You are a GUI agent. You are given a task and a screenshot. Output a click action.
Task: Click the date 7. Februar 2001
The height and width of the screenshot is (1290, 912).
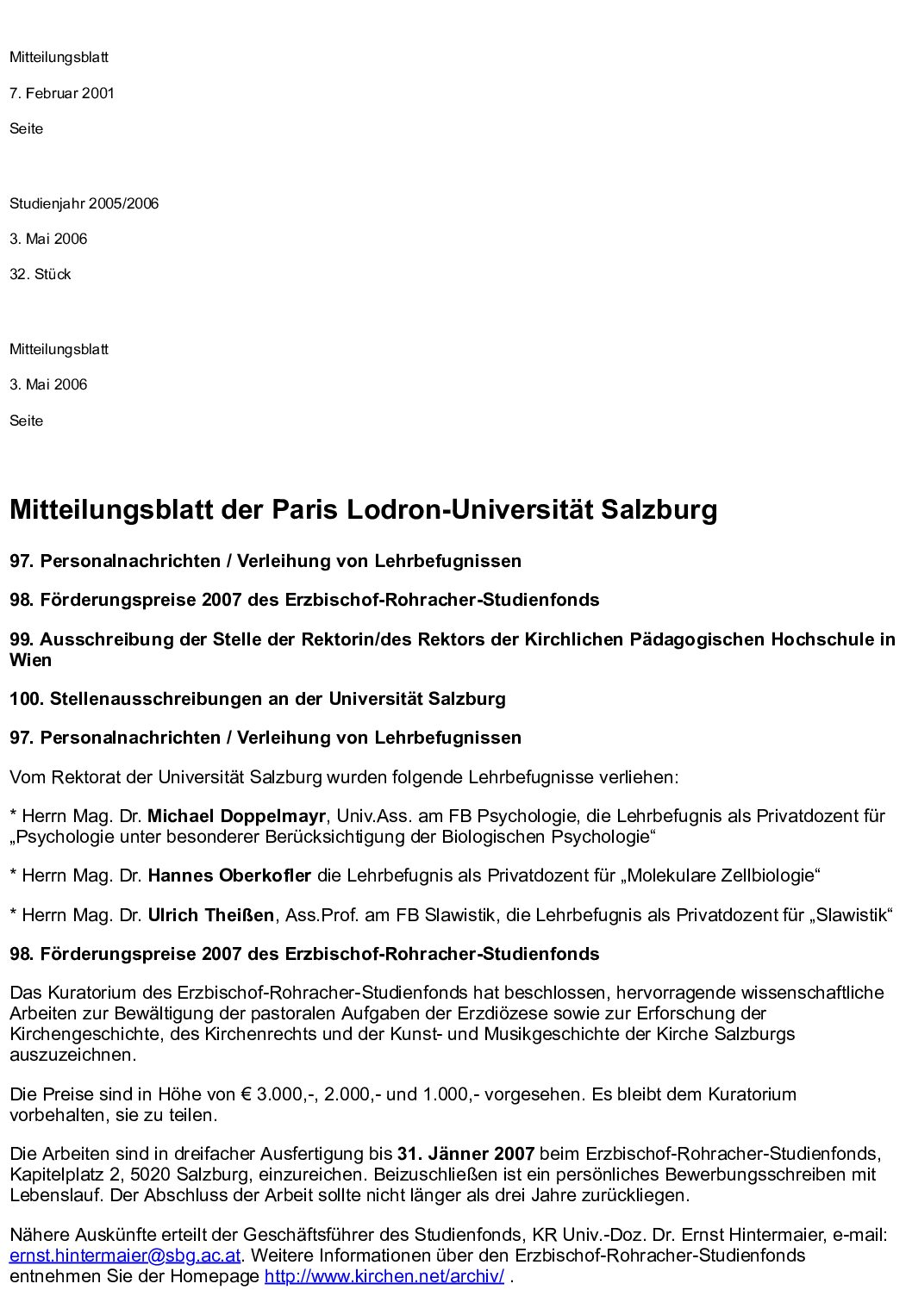tap(62, 93)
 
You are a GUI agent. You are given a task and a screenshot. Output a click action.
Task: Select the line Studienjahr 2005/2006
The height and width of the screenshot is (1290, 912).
tap(84, 203)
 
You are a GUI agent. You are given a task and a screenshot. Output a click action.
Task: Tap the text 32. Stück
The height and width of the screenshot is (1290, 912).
tap(41, 274)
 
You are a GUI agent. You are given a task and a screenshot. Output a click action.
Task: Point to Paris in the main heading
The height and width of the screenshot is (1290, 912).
tap(305, 509)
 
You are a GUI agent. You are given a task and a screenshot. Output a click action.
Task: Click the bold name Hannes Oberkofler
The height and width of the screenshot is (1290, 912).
tap(229, 876)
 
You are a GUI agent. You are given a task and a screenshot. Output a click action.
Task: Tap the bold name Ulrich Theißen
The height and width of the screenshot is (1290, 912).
tap(211, 914)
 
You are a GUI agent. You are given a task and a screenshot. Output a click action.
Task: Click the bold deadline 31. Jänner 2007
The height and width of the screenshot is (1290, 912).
tap(465, 1153)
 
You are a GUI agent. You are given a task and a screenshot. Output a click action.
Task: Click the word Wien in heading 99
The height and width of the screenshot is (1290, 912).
tap(30, 660)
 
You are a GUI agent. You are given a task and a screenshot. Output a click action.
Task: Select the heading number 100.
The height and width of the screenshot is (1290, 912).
tap(25, 698)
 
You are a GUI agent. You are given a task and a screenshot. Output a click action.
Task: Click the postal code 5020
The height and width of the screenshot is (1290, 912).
tap(151, 1174)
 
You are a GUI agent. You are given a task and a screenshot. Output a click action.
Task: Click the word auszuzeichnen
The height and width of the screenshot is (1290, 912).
tap(72, 1055)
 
